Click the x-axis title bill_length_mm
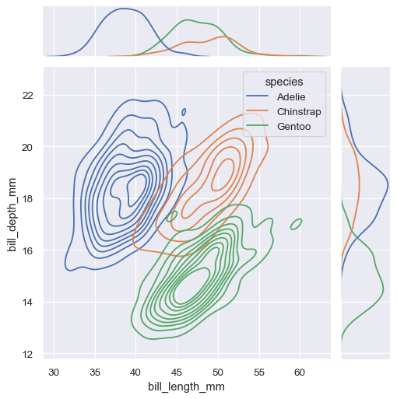tap(187, 386)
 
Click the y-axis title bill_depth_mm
tap(12, 213)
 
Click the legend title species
tap(283, 82)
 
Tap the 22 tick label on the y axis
tap(28, 96)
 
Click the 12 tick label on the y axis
tap(28, 354)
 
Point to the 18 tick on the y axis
tap(28, 199)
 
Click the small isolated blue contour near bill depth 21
tap(184, 112)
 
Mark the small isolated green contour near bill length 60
tap(296, 225)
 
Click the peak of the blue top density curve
tap(123, 9)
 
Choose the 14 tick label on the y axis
tap(28, 303)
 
